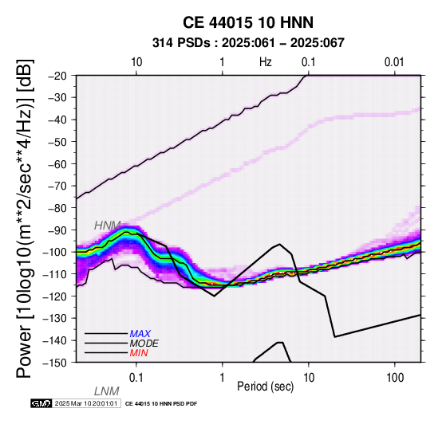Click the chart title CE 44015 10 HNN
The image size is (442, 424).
coord(248,22)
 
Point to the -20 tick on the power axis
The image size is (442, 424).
coord(58,76)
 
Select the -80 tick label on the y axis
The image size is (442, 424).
coord(58,208)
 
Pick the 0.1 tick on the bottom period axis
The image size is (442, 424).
coord(136,378)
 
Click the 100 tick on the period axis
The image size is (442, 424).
coord(395,378)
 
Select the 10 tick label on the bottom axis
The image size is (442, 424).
coord(309,378)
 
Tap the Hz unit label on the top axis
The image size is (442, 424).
coord(266,62)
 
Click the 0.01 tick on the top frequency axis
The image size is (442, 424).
coord(394,62)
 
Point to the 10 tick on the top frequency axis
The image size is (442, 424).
coord(136,62)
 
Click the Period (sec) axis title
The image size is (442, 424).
coord(265,387)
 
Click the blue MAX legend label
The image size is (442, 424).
coord(140,334)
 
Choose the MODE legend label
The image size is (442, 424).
coord(144,344)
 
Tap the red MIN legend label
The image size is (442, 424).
coord(139,353)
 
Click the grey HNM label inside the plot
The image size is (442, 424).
coord(108,226)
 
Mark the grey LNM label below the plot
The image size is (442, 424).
coord(107,391)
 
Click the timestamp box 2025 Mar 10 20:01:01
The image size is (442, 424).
coord(86,403)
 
